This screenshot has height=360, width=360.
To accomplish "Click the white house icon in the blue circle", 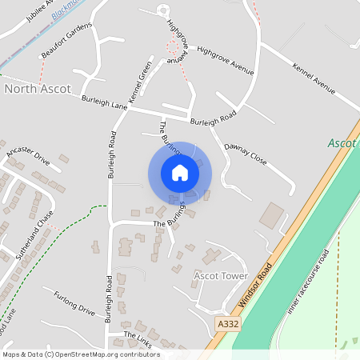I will click(180, 172).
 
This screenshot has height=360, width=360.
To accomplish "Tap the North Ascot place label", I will click(38, 89).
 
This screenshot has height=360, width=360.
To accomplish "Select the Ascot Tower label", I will click(221, 276).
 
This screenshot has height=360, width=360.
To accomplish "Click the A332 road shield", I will click(227, 323).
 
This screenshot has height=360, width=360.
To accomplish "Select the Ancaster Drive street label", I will click(28, 155).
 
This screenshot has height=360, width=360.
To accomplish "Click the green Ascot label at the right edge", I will click(342, 143).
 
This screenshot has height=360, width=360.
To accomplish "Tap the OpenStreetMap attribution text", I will click(80, 354).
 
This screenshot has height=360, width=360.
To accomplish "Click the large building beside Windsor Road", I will click(271, 215).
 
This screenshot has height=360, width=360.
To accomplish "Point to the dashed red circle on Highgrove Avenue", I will click(172, 47).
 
